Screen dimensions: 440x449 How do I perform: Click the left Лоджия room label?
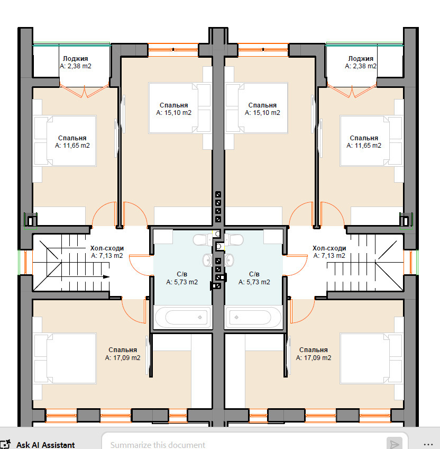75,59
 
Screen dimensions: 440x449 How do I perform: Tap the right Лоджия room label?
361,59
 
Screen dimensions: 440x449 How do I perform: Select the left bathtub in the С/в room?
183,317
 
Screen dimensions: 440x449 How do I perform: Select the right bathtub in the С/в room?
253,317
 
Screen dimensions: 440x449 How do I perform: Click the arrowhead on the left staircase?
106,276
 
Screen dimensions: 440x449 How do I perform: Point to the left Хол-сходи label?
107,248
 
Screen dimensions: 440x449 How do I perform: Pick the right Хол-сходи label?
329,248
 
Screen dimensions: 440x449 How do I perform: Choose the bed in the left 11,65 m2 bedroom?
65,141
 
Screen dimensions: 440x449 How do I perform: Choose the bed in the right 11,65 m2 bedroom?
371,141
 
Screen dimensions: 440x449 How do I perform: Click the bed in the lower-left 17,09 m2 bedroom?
65,358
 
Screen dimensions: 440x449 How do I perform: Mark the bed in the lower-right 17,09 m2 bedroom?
371,358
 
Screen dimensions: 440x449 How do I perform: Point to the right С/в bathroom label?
254,274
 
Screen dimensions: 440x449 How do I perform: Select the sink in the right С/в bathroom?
229,260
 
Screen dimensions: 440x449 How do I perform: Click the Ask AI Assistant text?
45,445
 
